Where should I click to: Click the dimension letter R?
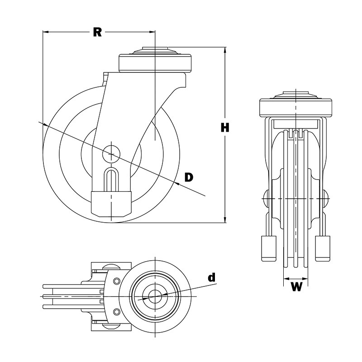click(97, 32)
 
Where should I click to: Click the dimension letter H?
click(225, 128)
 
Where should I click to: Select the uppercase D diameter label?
click(189, 177)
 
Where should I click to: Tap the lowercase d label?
click(211, 277)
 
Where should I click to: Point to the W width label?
click(296, 287)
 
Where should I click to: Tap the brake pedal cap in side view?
click(111, 203)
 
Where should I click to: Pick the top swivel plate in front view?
click(296, 107)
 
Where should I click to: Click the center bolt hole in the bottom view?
click(155, 297)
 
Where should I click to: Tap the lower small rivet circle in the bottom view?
click(117, 312)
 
